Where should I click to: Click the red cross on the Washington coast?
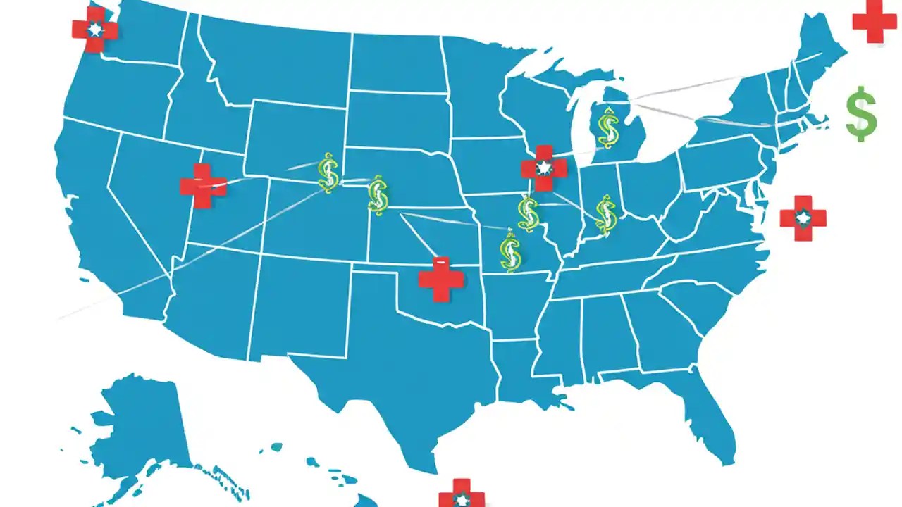click(95, 30)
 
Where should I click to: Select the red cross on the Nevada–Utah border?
click(203, 186)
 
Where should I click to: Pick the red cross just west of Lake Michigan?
click(543, 168)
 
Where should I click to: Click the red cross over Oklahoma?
click(441, 279)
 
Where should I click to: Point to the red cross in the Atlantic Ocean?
click(803, 218)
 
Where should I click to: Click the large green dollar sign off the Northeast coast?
click(861, 113)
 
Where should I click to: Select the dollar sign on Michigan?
click(607, 127)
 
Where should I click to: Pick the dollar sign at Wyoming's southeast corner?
click(328, 173)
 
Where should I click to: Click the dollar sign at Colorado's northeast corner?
click(378, 195)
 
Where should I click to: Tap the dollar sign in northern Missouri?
click(528, 213)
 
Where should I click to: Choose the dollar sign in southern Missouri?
click(509, 253)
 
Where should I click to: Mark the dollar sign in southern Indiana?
click(605, 214)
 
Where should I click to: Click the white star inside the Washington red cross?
click(95, 30)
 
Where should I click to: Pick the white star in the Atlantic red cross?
click(803, 218)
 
